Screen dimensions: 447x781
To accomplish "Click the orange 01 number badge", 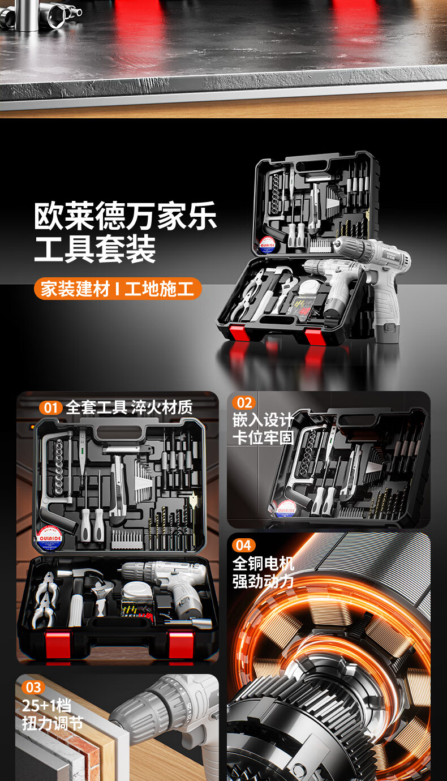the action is pos(50,407).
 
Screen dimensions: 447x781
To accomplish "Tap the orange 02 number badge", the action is pos(244,403).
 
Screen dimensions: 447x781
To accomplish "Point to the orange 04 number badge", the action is pos(244,546).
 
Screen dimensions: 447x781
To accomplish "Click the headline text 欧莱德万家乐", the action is pos(125,216).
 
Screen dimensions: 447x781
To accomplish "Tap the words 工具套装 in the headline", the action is pos(95,248).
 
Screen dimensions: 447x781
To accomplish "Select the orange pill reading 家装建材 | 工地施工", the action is pos(118,289).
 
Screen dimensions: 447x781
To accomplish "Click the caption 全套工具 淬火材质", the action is pos(129,407).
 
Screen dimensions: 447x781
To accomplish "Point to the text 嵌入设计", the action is pos(263,420).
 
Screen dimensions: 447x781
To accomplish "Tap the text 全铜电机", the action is pos(263,563).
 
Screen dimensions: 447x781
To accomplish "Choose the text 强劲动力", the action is pos(263,581).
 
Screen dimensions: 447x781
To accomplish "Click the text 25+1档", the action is pos(46,706).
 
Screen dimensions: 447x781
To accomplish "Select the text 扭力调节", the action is pos(52,723).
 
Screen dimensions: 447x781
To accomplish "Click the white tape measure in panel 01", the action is pos(135,590).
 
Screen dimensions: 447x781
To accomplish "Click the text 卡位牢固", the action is pos(263,437).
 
